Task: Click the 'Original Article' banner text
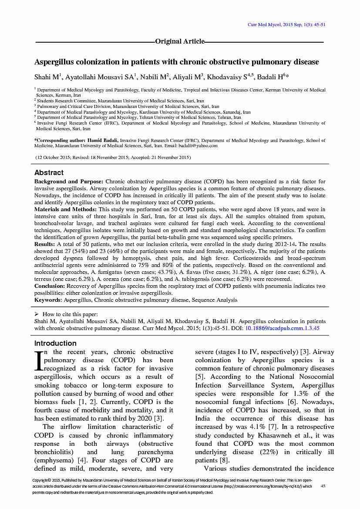click(x=180, y=41)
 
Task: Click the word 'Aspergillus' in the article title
click(x=56, y=62)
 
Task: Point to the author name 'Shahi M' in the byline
click(x=45, y=78)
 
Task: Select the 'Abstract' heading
click(x=49, y=172)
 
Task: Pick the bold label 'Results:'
click(x=44, y=244)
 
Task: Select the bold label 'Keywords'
click(x=48, y=300)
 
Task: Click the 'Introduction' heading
click(x=55, y=343)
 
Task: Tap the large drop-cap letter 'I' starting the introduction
click(x=38, y=360)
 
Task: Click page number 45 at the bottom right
click(x=323, y=486)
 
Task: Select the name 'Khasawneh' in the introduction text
click(x=269, y=435)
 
